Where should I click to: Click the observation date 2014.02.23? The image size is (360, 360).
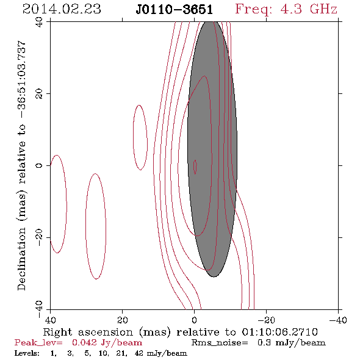click(62, 9)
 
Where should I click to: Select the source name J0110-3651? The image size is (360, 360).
click(175, 10)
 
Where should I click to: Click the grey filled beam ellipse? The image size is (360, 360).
click(212, 149)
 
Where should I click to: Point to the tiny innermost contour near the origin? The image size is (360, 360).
click(195, 167)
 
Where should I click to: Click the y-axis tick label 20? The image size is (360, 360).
click(39, 94)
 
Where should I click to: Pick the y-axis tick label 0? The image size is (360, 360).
click(39, 165)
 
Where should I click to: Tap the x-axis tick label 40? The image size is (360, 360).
click(51, 320)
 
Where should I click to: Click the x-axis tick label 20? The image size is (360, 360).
click(123, 320)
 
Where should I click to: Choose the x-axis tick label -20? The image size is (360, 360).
click(266, 320)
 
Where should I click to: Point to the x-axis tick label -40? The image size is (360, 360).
click(338, 320)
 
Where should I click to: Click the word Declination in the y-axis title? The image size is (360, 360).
click(21, 259)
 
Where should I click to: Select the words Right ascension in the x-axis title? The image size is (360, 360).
click(88, 332)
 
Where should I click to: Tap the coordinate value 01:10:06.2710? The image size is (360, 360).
click(279, 332)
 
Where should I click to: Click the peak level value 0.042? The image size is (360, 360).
click(84, 342)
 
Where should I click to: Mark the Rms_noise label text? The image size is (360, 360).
click(220, 343)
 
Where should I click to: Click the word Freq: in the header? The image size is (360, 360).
click(253, 10)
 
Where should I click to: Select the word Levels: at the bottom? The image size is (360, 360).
click(27, 353)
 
